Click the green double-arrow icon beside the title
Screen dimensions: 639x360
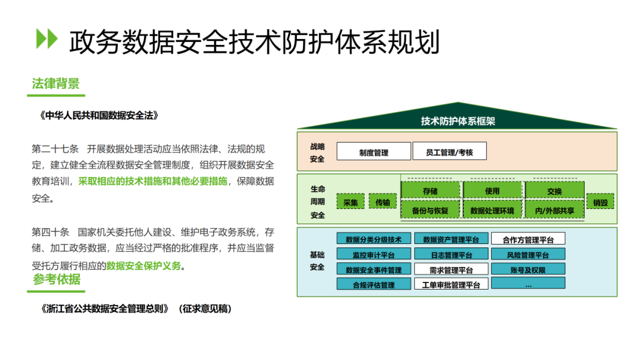[47, 38]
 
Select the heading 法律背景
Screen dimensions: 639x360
[56, 83]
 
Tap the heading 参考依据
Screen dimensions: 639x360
[57, 279]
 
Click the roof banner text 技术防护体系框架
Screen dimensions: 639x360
[457, 121]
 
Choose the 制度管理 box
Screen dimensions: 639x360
[374, 151]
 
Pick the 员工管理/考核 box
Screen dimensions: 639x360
[450, 151]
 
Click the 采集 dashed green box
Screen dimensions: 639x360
[350, 202]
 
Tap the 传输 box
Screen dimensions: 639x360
[383, 201]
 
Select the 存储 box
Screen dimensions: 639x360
[430, 191]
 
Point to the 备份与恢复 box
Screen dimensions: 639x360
[430, 210]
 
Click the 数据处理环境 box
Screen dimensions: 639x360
[492, 210]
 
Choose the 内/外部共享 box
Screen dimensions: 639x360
[554, 210]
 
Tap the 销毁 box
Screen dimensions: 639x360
[601, 202]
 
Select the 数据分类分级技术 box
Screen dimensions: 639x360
[374, 239]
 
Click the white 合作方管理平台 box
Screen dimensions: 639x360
[528, 239]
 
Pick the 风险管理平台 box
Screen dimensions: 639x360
[528, 255]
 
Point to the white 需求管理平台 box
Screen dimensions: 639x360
[451, 269]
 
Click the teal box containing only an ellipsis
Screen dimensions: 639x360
[528, 284]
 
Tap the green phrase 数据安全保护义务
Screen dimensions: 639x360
[143, 266]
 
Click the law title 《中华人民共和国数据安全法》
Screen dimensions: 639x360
[99, 116]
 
